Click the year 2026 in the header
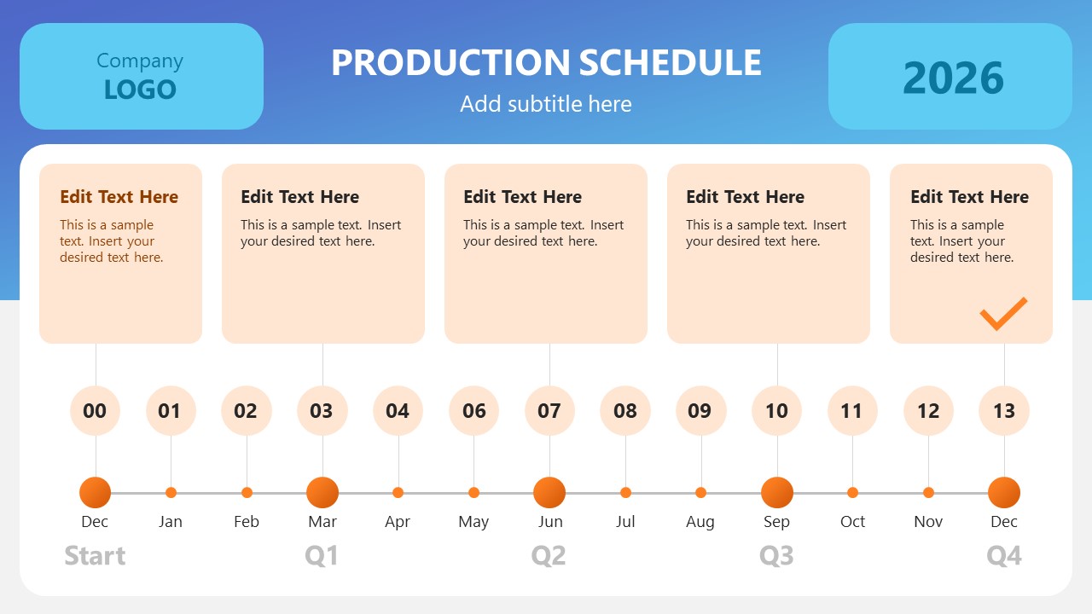pyautogui.click(x=953, y=78)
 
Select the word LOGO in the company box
pyautogui.click(x=140, y=90)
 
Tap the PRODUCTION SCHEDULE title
pyautogui.click(x=546, y=62)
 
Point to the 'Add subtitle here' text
pyautogui.click(x=546, y=104)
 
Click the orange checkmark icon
pyautogui.click(x=1003, y=314)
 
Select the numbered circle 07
pyautogui.click(x=549, y=411)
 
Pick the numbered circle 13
pyautogui.click(x=1004, y=411)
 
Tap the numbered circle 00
pyautogui.click(x=95, y=411)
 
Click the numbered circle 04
pyautogui.click(x=398, y=411)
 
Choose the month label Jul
pyautogui.click(x=625, y=521)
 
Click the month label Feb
pyautogui.click(x=247, y=521)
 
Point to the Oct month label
pyautogui.click(x=852, y=521)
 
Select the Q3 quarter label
pyautogui.click(x=776, y=555)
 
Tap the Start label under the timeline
pyautogui.click(x=95, y=555)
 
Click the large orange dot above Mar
pyautogui.click(x=322, y=493)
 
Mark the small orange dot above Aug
pyautogui.click(x=700, y=493)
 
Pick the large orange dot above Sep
pyautogui.click(x=777, y=493)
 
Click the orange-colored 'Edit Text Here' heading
pyautogui.click(x=119, y=197)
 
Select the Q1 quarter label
pyautogui.click(x=322, y=555)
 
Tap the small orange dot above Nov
pyautogui.click(x=928, y=493)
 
